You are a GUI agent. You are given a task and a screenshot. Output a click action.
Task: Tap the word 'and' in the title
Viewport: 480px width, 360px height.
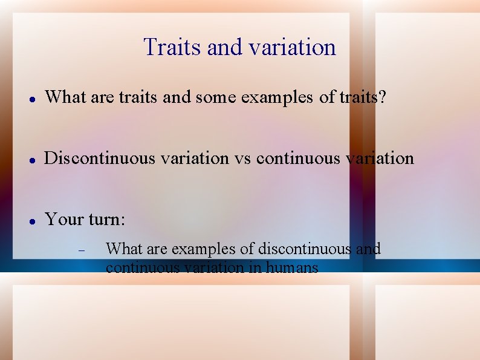tap(222, 47)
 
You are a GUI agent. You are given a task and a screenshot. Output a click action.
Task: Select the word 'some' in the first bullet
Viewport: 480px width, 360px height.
tap(215, 96)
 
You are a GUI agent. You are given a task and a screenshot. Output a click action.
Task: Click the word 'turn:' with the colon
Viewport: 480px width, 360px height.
tap(107, 218)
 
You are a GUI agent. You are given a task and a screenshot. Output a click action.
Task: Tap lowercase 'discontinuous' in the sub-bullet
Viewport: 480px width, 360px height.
tap(304, 249)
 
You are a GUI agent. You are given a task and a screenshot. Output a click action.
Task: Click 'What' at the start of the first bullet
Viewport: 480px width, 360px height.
tap(65, 96)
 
